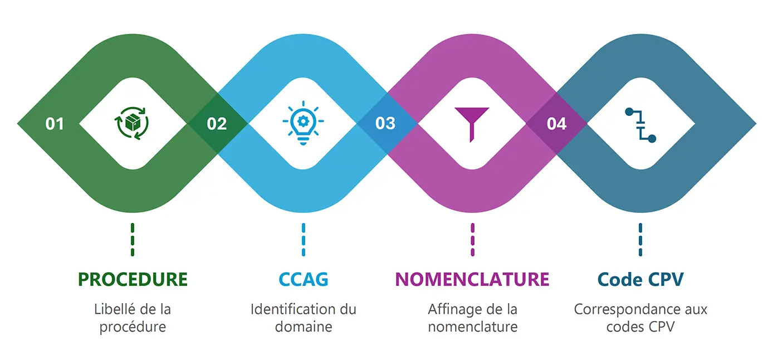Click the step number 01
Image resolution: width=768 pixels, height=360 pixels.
[x=55, y=123]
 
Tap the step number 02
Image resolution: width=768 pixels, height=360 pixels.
[x=217, y=123]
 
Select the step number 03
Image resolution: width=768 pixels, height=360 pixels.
[x=385, y=123]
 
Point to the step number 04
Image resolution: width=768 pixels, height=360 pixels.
[x=556, y=123]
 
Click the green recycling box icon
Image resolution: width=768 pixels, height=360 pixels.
[x=133, y=123]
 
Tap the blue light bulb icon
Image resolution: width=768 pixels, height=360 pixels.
[x=303, y=123]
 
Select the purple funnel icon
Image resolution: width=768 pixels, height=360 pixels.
[x=472, y=123]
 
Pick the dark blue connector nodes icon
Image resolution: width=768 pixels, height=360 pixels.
[x=640, y=125]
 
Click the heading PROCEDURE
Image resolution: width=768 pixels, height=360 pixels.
[x=133, y=279]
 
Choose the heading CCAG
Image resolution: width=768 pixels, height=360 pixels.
[x=304, y=279]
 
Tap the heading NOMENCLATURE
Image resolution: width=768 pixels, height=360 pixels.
[x=472, y=279]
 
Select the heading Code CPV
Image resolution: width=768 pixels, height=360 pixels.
[x=640, y=279]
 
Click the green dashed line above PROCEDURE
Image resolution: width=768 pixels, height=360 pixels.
[x=133, y=239]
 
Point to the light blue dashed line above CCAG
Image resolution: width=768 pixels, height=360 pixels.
[x=304, y=239]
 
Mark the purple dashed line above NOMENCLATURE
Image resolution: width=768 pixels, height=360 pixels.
[x=472, y=239]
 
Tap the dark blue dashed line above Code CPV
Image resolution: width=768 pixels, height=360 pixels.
[x=640, y=239]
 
